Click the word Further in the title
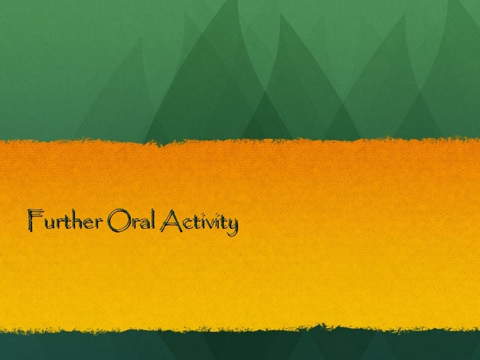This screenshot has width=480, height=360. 65,220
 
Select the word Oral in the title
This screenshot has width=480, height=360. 132,220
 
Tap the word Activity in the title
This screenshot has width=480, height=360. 199,222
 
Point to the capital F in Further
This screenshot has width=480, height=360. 35,220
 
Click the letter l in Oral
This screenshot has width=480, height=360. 153,219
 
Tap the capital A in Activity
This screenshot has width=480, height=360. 171,221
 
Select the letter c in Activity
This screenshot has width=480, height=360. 187,224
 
